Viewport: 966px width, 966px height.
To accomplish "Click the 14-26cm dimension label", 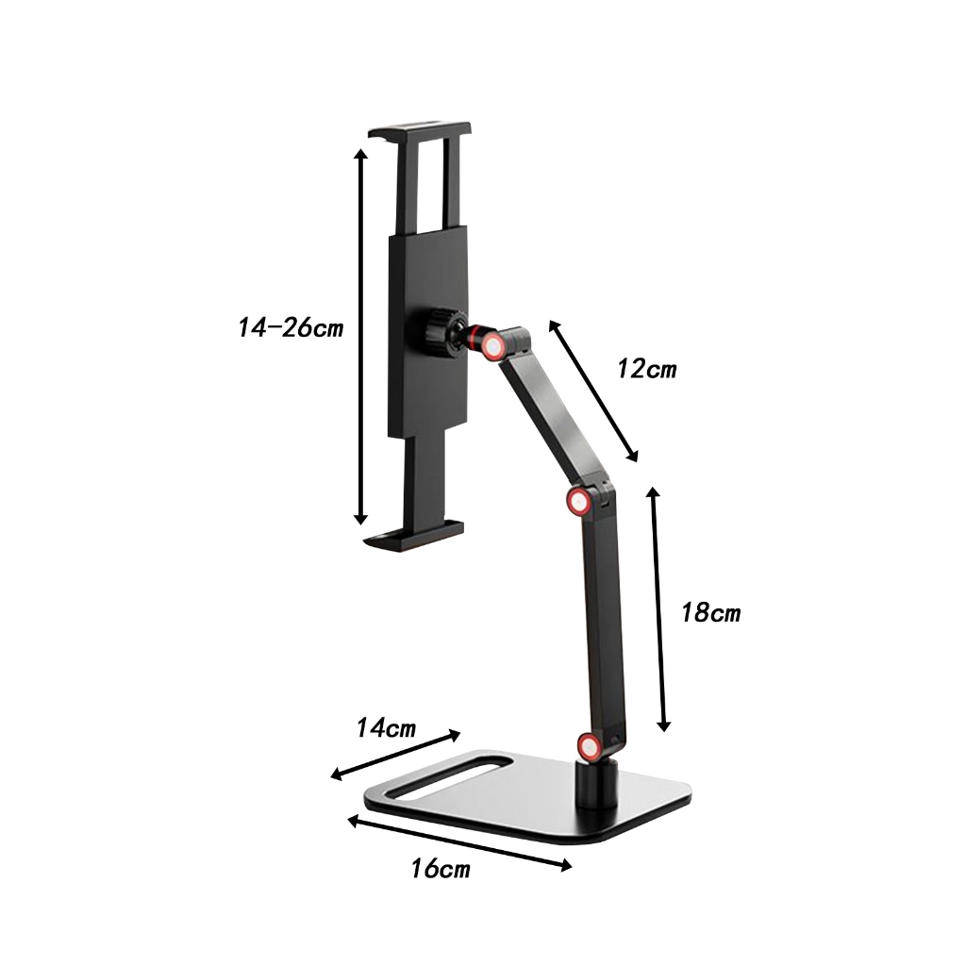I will [x=291, y=329].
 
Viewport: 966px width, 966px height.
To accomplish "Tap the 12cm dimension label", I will [x=647, y=369].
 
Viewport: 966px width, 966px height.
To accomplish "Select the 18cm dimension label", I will [x=711, y=613].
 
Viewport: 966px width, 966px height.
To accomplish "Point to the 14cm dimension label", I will [x=386, y=728].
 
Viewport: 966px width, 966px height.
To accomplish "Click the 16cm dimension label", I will [x=441, y=869].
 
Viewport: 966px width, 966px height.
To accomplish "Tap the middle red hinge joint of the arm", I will [x=581, y=500].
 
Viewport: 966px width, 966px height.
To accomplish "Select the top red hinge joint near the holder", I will [x=492, y=347].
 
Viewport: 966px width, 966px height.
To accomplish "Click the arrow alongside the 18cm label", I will [x=658, y=608].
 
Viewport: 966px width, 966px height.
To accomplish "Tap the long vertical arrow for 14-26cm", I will [x=359, y=335].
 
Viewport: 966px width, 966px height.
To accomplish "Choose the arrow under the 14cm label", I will [x=396, y=755].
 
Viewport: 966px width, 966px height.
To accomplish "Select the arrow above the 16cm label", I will [x=459, y=842].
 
